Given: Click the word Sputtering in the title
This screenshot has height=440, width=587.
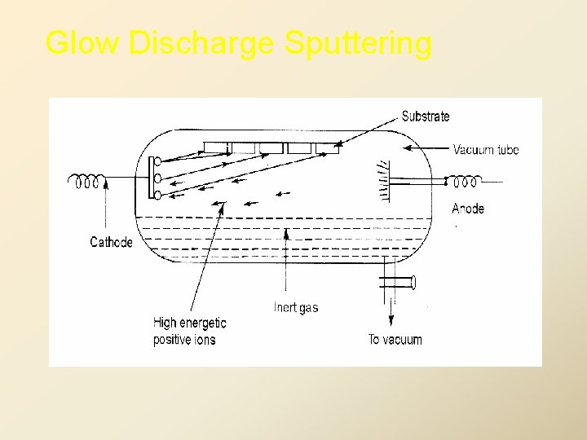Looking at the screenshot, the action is pos(358,42).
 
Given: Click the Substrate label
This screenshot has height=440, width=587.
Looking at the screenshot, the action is pos(426,117).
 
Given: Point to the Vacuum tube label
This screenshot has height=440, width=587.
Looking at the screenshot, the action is pos(486,149).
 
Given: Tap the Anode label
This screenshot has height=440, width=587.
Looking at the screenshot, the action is pos(468,209).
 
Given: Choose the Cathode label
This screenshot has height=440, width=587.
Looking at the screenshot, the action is pos(111,242).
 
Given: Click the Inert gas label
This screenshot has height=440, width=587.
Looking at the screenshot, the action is pos(296,308).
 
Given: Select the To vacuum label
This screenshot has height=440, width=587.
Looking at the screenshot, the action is pos(395,339).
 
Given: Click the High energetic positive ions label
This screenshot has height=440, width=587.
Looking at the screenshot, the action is pos(189,331).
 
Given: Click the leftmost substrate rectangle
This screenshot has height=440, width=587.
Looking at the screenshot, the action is pos(216,147).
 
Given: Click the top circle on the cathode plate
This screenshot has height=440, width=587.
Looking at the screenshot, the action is pos(157,161).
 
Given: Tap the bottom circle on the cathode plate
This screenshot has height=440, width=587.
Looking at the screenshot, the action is pos(157,194).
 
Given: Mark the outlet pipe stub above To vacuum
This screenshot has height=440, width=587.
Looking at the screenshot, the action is pos(398,283).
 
